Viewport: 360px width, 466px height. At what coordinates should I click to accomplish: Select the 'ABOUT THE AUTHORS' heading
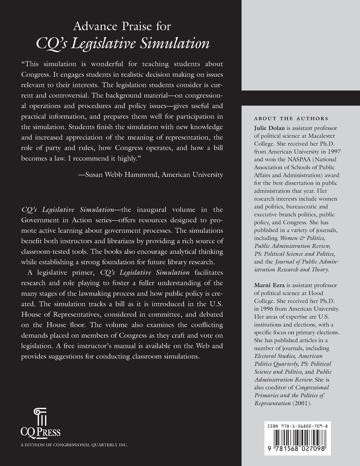point(291,119)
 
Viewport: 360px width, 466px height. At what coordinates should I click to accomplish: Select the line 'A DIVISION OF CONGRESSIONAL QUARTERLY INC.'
point(74,445)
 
